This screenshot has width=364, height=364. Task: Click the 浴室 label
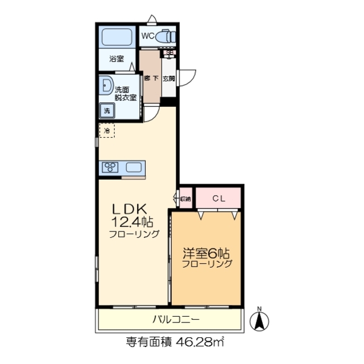tap(117, 57)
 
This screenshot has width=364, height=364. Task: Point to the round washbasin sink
tap(106, 86)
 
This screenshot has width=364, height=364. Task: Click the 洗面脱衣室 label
tap(125, 93)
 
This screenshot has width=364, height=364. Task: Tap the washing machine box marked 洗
tap(106, 111)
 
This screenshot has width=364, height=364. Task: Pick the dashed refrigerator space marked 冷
tap(107, 131)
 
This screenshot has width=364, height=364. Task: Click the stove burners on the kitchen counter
tap(110, 167)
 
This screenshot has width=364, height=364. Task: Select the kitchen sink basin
tap(134, 167)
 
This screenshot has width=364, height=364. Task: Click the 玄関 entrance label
tap(169, 79)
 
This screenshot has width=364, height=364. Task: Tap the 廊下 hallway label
tap(151, 79)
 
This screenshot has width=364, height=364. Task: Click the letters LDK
tap(133, 209)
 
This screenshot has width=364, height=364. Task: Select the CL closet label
tap(218, 198)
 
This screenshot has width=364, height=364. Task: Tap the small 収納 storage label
tap(185, 198)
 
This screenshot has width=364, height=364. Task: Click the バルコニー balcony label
tap(175, 320)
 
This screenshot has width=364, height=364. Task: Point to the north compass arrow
tap(260, 320)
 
